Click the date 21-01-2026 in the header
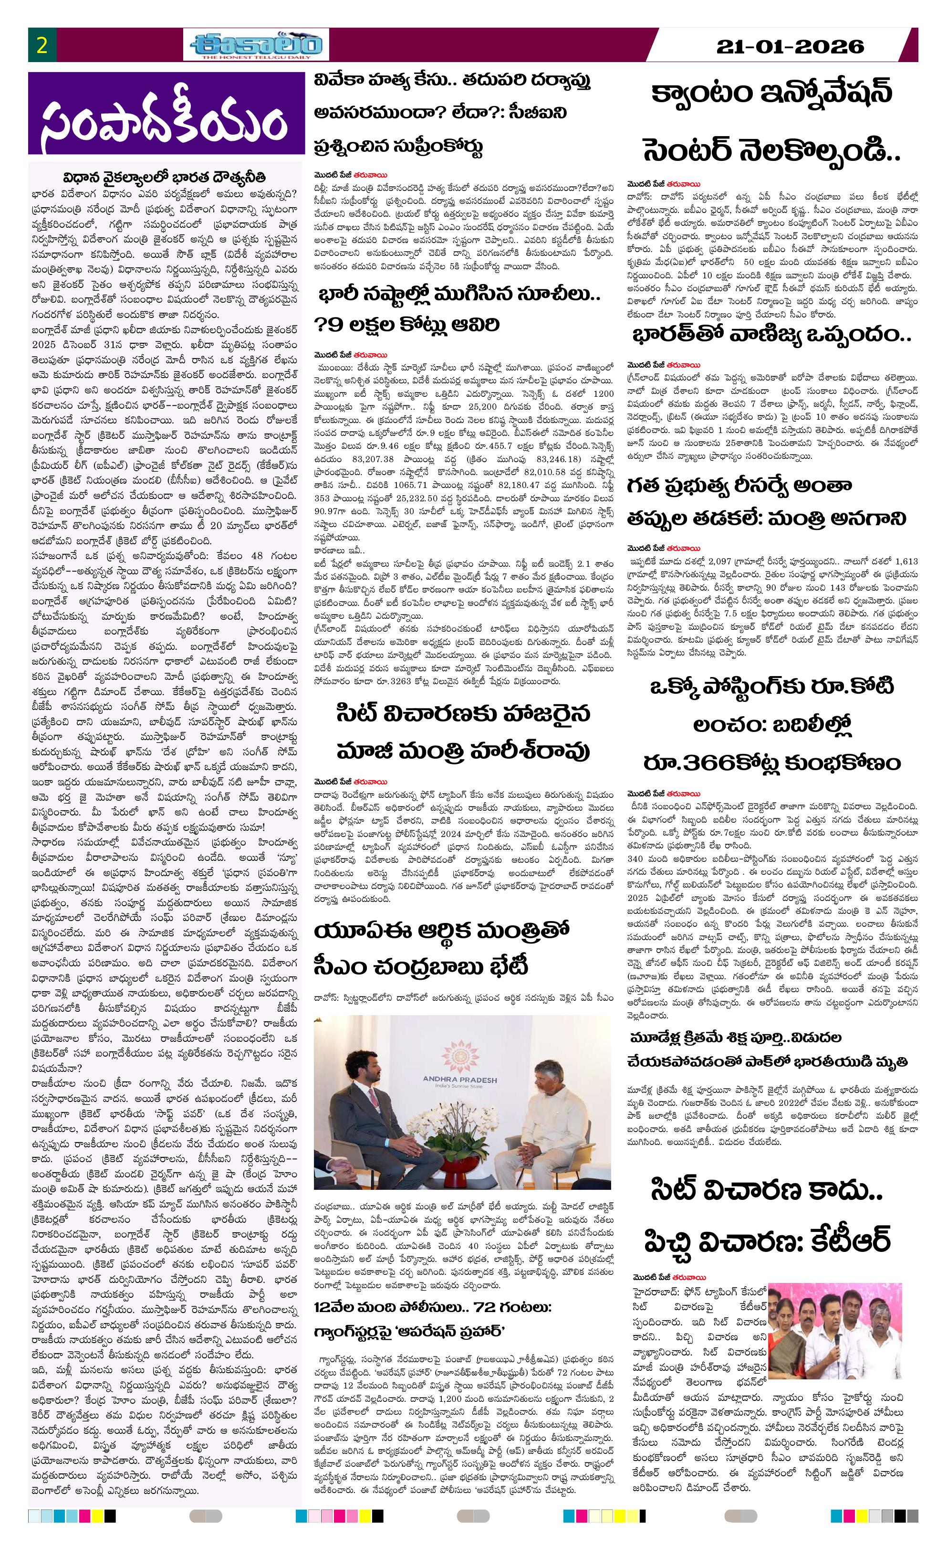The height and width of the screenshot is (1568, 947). click(790, 46)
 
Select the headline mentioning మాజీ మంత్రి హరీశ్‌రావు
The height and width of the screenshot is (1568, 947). click(463, 732)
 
